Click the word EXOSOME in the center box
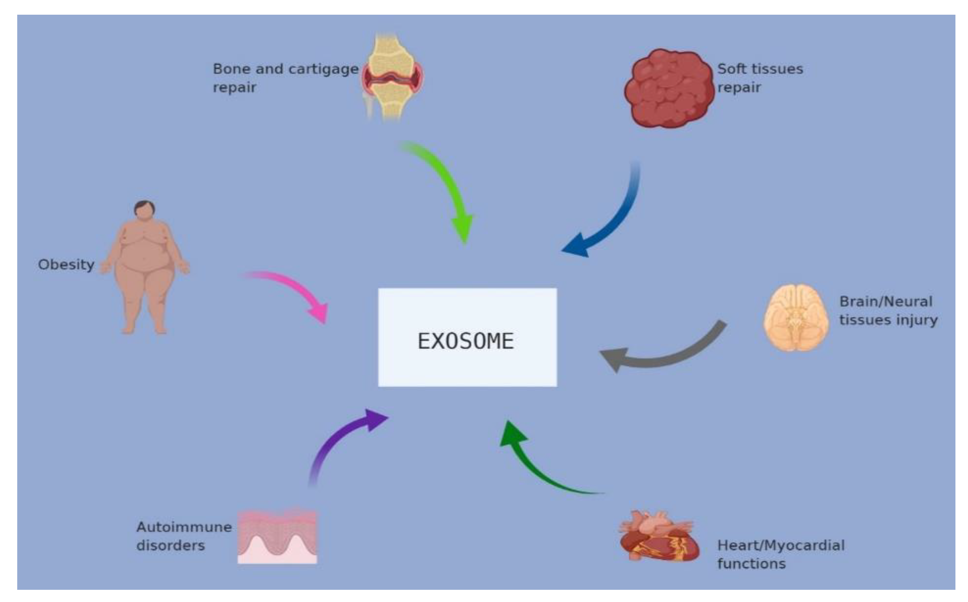pyautogui.click(x=466, y=341)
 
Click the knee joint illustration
pyautogui.click(x=393, y=78)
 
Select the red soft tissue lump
pyautogui.click(x=669, y=89)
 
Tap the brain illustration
pyautogui.click(x=796, y=318)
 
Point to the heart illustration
pyautogui.click(x=659, y=537)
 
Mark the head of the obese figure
pyautogui.click(x=144, y=209)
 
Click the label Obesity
pyautogui.click(x=66, y=265)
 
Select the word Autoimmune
pyautogui.click(x=184, y=527)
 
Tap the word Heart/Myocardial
pyautogui.click(x=781, y=545)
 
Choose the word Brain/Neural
pyautogui.click(x=885, y=302)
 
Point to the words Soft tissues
pyautogui.click(x=760, y=69)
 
